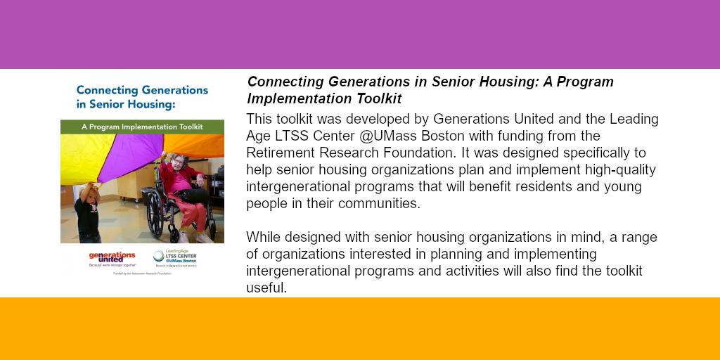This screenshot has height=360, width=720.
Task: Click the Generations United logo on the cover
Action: (112, 257)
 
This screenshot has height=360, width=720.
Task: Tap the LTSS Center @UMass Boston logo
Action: (175, 257)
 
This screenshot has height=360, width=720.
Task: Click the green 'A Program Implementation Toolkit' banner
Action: (142, 127)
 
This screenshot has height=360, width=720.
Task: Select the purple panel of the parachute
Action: (127, 155)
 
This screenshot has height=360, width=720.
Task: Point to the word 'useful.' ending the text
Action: (266, 288)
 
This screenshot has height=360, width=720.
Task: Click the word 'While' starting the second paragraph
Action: (264, 237)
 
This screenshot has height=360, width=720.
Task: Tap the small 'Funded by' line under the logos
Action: (142, 274)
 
